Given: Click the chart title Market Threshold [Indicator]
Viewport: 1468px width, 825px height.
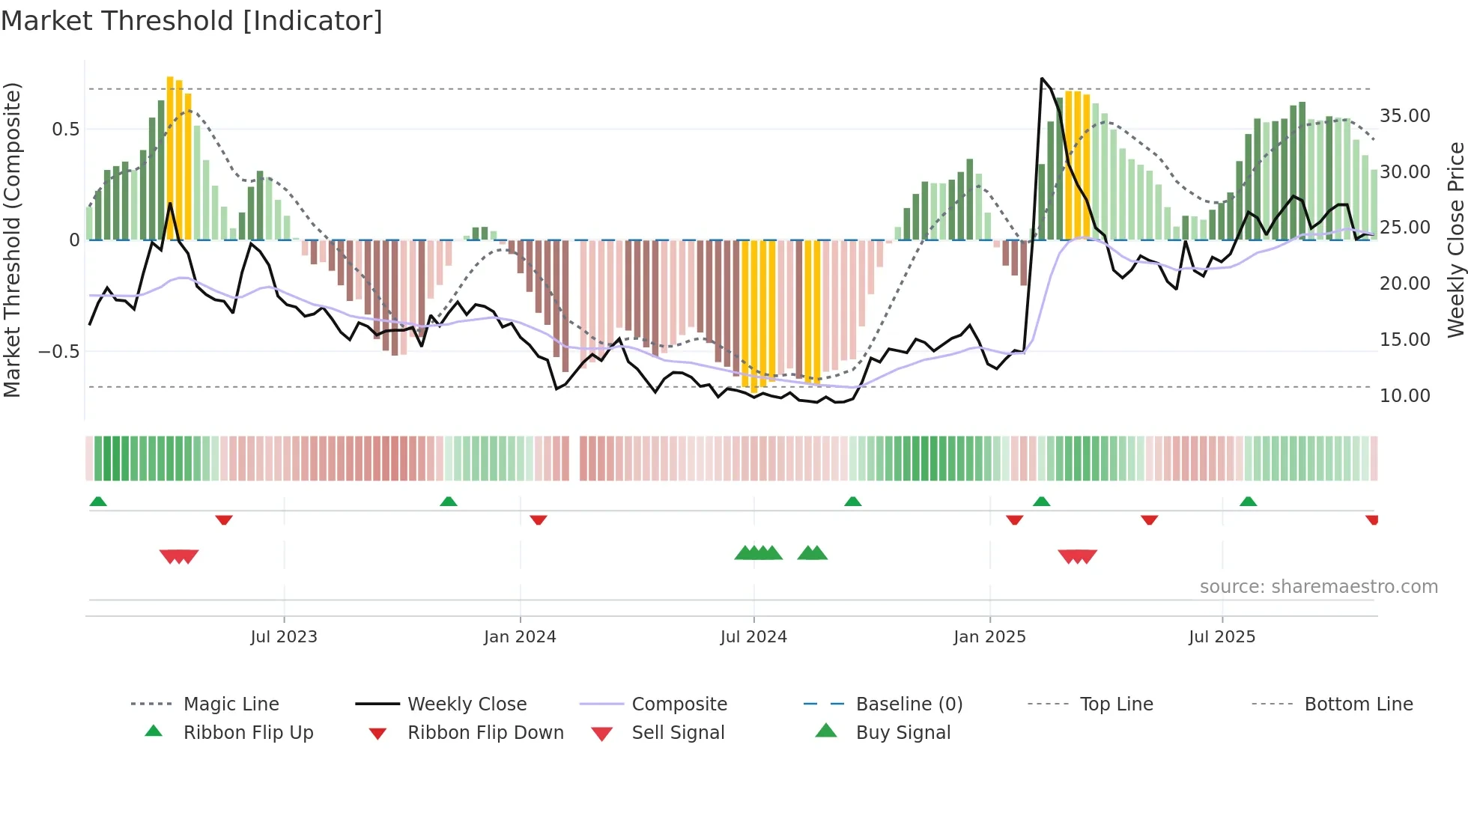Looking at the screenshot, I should coord(192,21).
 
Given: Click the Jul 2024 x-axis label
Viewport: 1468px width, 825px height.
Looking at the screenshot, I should coord(753,637).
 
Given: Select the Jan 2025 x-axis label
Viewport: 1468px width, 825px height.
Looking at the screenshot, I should coord(989,637).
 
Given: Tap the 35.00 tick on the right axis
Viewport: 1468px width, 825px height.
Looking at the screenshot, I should coord(1404,116).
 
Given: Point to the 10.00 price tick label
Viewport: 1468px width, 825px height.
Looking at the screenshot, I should coord(1404,396).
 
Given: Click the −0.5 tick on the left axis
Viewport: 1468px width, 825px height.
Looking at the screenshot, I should coord(59,352).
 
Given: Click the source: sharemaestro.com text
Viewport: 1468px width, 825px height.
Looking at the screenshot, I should coord(1318,587).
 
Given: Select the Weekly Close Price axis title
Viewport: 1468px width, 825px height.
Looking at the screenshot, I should coord(1455,240).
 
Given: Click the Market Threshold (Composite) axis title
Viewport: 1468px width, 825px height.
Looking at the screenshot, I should coord(12,240).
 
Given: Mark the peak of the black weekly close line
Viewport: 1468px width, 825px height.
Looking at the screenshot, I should coord(1042,79).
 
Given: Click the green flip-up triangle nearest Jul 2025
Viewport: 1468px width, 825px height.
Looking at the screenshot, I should coord(1248,502).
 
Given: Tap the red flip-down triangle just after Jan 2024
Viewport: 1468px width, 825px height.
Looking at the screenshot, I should coord(538,520).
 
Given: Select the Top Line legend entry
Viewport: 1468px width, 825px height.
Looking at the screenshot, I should coord(1116,704).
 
